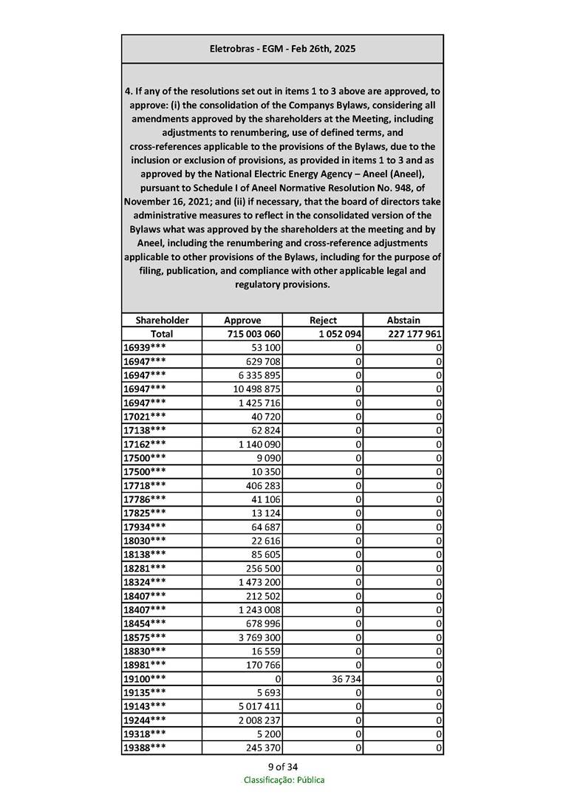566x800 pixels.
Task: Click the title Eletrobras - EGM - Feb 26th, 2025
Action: pyautogui.click(x=282, y=49)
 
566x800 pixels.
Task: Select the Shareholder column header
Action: pyautogui.click(x=162, y=320)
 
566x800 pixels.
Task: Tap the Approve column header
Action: pyautogui.click(x=242, y=320)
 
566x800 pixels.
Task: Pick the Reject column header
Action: pyautogui.click(x=323, y=320)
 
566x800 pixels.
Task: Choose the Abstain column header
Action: pyautogui.click(x=403, y=320)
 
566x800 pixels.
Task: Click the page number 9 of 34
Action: pyautogui.click(x=283, y=766)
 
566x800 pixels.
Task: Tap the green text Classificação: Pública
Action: pyautogui.click(x=284, y=780)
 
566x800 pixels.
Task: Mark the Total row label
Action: pyautogui.click(x=162, y=334)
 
